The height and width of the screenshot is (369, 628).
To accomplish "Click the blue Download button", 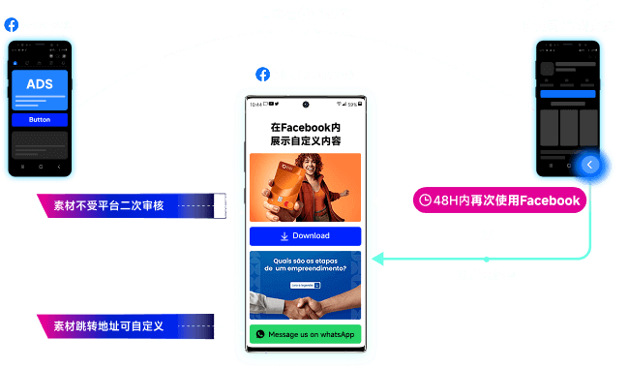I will (305, 236).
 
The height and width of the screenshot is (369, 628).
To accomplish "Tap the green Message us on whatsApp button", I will (305, 334).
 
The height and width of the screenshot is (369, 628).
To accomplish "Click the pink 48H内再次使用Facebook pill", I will (500, 200).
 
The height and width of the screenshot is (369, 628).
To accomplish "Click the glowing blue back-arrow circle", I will (590, 166).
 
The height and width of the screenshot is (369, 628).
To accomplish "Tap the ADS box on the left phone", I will (40, 84).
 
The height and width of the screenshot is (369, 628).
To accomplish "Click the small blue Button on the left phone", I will (40, 120).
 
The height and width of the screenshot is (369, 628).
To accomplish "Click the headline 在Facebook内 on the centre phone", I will (305, 127).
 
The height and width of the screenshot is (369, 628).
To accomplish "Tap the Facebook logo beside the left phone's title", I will (11, 24).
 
